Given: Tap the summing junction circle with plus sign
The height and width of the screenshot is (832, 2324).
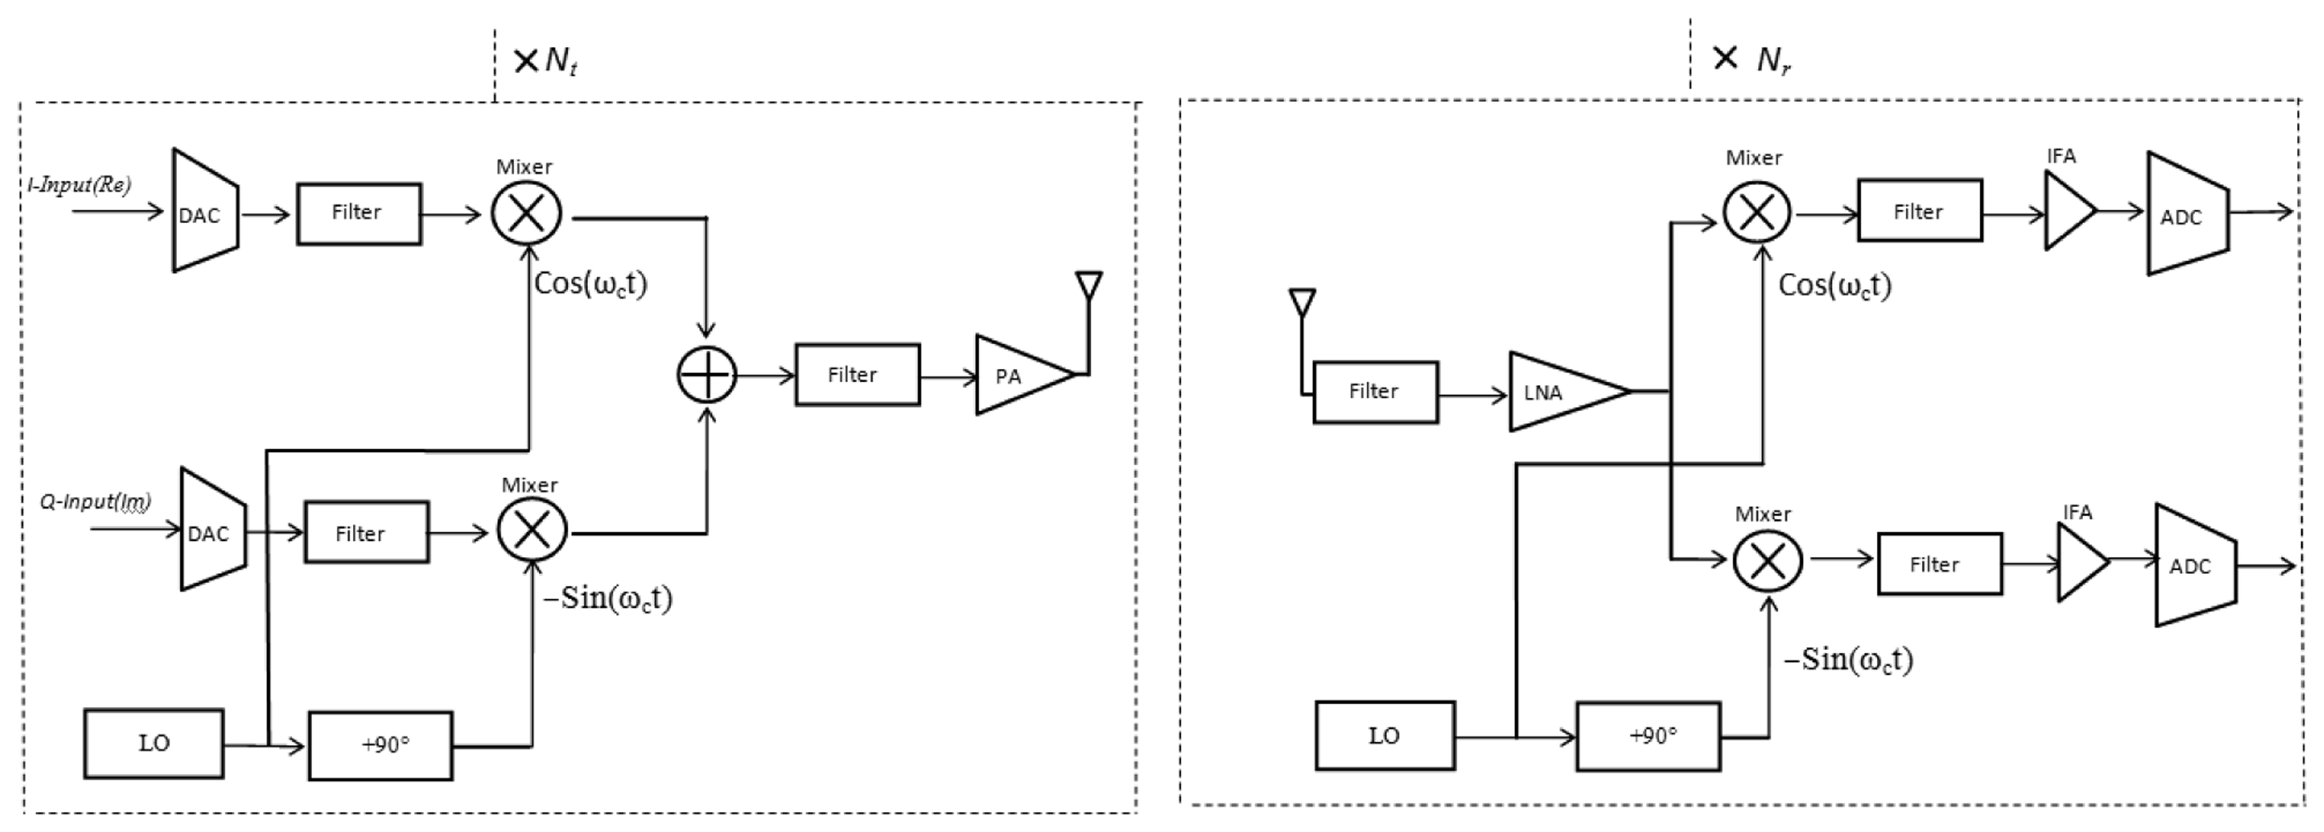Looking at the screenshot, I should pyautogui.click(x=706, y=375).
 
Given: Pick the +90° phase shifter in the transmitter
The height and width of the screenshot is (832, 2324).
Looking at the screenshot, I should pyautogui.click(x=381, y=745).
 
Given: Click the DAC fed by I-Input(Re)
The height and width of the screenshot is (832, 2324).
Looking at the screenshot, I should pyautogui.click(x=204, y=212).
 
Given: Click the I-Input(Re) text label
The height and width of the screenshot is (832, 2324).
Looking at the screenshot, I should pyautogui.click(x=79, y=185).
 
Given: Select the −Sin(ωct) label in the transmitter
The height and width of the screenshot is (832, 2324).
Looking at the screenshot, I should pyautogui.click(x=607, y=598).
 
